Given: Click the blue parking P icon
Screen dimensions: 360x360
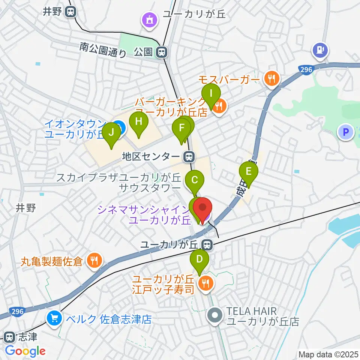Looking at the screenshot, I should (x=346, y=132).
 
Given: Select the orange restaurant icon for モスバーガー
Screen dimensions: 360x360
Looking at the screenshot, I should (x=271, y=79).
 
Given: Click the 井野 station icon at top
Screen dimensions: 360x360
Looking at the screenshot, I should (x=70, y=12).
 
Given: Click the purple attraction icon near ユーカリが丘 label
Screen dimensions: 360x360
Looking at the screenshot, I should (x=150, y=20).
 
